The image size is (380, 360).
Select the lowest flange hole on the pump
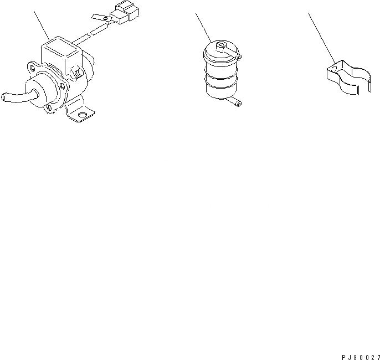[54, 107]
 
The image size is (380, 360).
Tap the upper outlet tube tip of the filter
[238, 58]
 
